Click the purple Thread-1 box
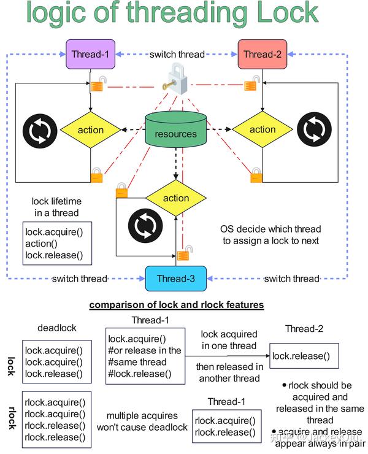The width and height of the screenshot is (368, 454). (x=90, y=54)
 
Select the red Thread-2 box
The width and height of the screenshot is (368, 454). (x=262, y=54)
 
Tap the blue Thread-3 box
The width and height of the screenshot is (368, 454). (x=175, y=278)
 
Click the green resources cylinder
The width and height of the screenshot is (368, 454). (x=176, y=129)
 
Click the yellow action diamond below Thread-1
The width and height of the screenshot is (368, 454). (x=91, y=129)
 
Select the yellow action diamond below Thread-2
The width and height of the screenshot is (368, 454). (x=262, y=129)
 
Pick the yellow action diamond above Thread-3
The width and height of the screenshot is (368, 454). (x=176, y=198)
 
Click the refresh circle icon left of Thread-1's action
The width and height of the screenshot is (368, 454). (x=40, y=129)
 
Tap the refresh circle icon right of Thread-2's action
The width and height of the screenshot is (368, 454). (x=313, y=129)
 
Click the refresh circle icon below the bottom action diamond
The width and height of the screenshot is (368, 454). (x=145, y=226)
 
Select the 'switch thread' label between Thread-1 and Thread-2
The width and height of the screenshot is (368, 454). (x=177, y=54)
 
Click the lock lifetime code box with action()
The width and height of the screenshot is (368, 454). (x=53, y=244)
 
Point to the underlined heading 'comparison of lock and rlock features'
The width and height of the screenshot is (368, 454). (x=177, y=304)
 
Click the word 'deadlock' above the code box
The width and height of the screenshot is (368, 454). (x=56, y=328)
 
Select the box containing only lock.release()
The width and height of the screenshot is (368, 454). (x=304, y=356)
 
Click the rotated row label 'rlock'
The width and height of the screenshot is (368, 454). (x=10, y=418)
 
